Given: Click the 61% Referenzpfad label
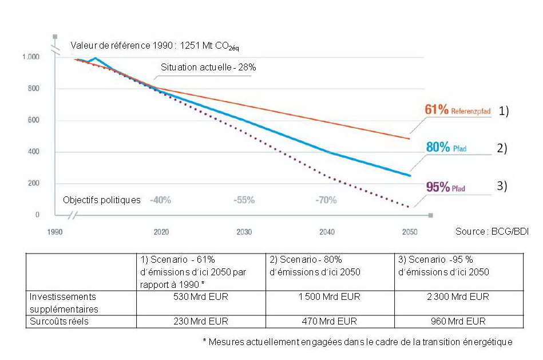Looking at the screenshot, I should click(458, 110).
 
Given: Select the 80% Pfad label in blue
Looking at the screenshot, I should click(446, 147).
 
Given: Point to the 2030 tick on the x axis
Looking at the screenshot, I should click(244, 232).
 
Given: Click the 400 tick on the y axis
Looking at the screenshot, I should click(34, 152).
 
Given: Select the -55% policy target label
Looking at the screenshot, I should click(244, 200).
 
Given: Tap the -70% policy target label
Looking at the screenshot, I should click(326, 200).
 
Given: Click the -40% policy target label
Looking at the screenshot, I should click(160, 200).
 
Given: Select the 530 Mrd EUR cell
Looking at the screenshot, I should click(199, 297).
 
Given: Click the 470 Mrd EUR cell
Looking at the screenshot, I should click(331, 321).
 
